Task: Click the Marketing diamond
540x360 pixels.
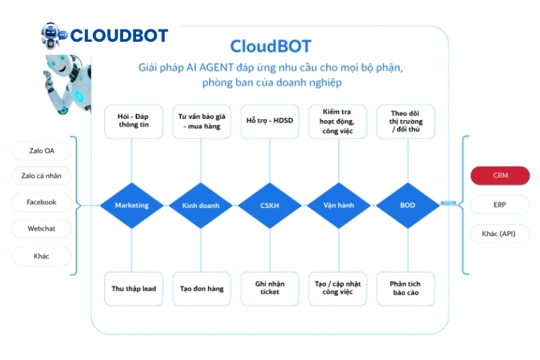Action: point(132,205)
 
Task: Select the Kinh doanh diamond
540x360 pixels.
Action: point(201,205)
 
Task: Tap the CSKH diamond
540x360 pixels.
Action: point(269,205)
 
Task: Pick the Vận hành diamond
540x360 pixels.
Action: point(338,205)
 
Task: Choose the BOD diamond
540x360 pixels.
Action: point(408,205)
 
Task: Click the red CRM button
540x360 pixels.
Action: point(500,176)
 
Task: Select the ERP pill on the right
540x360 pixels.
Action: point(500,204)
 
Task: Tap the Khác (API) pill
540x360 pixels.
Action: point(500,234)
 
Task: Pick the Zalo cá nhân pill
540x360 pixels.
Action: point(41,176)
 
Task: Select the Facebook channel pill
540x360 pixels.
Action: point(41,202)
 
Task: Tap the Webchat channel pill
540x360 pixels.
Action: point(41,229)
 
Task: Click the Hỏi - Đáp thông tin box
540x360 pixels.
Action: point(132,122)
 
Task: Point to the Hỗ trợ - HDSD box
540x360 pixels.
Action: point(269,122)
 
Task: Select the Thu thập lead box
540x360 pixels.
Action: point(132,289)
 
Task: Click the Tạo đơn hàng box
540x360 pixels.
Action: point(201,289)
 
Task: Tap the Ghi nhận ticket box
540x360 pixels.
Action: point(269,289)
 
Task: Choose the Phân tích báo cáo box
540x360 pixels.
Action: point(408,289)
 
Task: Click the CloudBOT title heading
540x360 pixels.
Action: point(270,47)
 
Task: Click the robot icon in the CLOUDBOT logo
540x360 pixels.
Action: point(53,35)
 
